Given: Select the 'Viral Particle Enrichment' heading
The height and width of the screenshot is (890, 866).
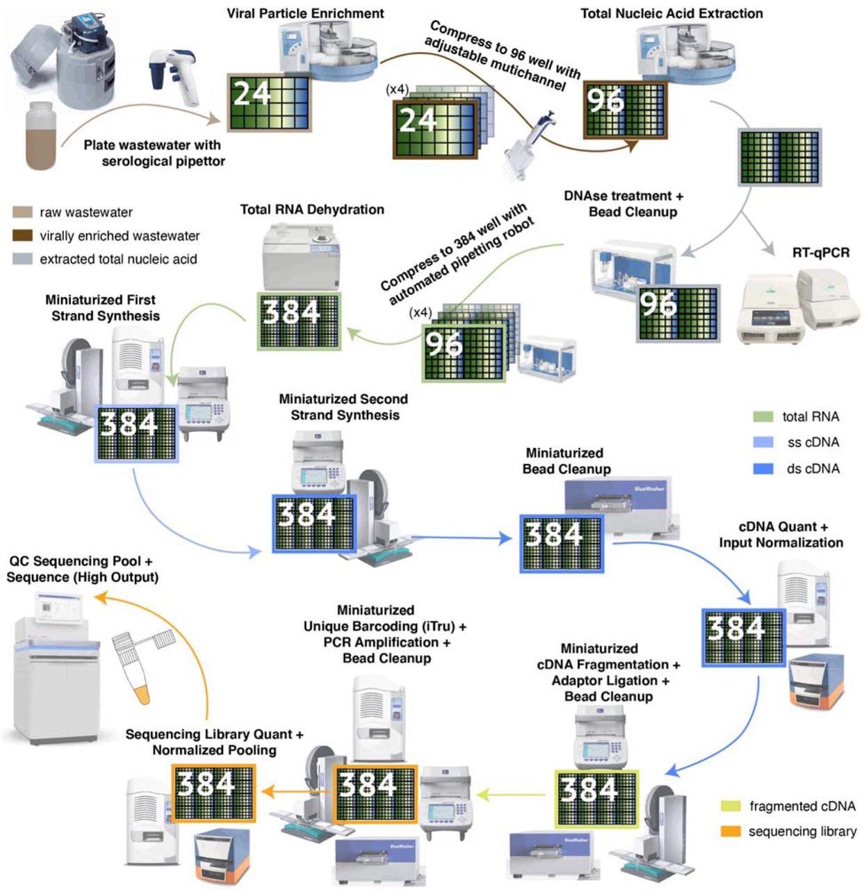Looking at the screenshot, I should click(x=305, y=13).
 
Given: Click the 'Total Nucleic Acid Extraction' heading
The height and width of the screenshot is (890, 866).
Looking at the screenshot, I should click(x=671, y=13).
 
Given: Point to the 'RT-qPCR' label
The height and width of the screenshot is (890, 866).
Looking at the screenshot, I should click(x=821, y=252).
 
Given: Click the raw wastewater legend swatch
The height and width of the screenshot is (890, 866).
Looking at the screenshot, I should click(x=22, y=212).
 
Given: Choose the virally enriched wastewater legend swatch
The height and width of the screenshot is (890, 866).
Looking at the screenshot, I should click(x=22, y=236).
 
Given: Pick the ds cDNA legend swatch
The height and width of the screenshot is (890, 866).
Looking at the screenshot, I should click(x=763, y=469).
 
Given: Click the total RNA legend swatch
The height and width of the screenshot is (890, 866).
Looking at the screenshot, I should click(x=763, y=416).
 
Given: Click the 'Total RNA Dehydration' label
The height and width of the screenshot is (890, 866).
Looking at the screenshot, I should click(x=312, y=209).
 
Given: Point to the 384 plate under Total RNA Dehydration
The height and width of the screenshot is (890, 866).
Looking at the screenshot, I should click(x=299, y=321).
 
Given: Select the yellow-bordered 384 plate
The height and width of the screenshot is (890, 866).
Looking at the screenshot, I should click(x=596, y=798).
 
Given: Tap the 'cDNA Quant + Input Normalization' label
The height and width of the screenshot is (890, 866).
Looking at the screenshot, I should click(x=781, y=535).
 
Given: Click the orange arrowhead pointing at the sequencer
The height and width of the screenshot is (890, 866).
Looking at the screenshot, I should click(x=99, y=596).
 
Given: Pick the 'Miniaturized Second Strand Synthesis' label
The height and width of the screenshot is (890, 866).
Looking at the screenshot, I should click(x=343, y=407).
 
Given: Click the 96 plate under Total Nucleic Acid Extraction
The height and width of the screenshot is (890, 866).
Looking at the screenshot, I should click(x=626, y=111).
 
